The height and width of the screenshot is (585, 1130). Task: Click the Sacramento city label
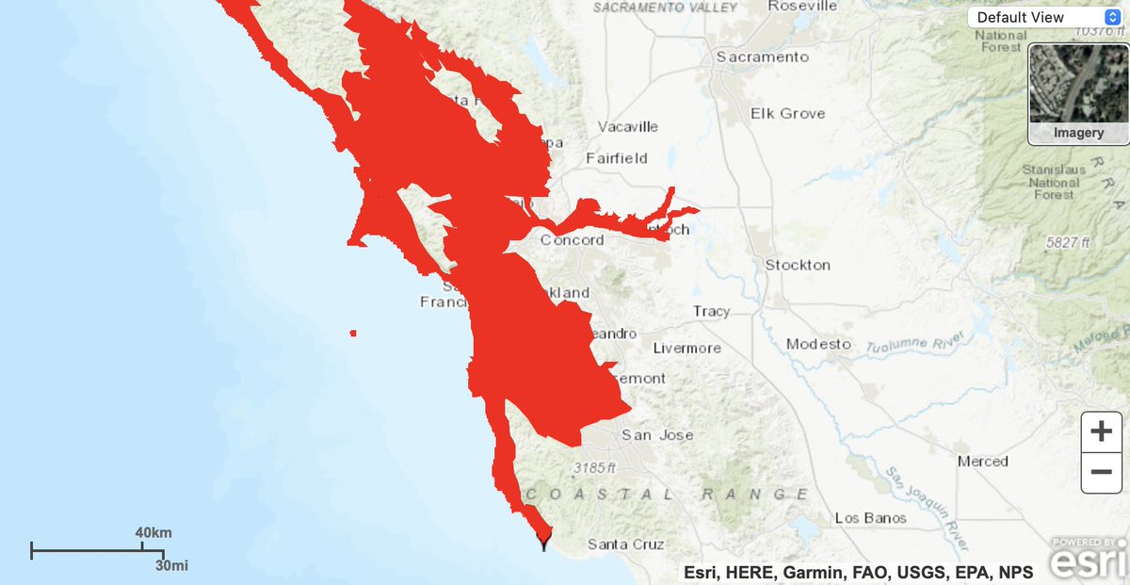762,57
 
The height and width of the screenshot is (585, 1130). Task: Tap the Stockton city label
798,265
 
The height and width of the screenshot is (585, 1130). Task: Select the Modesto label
819,344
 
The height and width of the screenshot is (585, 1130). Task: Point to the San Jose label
657,435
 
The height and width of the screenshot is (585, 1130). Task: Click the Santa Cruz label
625,544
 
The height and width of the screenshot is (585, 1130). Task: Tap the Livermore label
686,348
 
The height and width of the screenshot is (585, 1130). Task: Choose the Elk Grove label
787,113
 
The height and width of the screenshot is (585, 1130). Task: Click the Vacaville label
628,126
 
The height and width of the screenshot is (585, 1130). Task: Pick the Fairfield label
617,158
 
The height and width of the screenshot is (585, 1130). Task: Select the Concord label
572,240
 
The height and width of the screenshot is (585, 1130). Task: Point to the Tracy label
711,311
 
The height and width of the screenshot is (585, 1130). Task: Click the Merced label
982,462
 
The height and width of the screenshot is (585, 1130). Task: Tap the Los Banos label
870,518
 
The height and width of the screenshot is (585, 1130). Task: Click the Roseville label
802,6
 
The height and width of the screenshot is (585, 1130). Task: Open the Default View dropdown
1044,17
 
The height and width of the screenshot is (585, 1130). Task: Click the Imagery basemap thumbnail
1078,93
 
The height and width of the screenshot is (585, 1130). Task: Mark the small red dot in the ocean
353,333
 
